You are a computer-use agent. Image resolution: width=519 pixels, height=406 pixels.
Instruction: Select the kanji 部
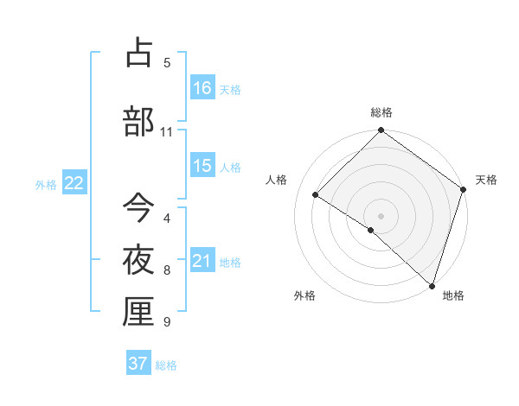[x=138, y=121]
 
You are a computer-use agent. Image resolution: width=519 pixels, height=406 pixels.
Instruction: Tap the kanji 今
[x=138, y=207]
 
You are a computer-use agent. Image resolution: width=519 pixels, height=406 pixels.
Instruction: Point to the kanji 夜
[x=138, y=259]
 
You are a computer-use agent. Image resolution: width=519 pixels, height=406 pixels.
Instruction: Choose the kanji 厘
[x=138, y=312]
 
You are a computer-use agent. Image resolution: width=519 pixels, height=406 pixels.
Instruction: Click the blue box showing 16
[x=202, y=87]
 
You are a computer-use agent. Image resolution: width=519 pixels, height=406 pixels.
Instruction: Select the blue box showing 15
[x=202, y=166]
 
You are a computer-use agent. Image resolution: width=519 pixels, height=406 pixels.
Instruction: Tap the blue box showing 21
[x=202, y=261]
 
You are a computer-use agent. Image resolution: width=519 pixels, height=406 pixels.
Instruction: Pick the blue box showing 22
[x=74, y=183]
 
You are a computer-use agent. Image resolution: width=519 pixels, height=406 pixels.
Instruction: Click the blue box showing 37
[x=138, y=364]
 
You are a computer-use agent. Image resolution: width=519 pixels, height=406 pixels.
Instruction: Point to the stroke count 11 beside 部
[x=166, y=132]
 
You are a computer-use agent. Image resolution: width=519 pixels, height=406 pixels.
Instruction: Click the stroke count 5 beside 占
[x=167, y=63]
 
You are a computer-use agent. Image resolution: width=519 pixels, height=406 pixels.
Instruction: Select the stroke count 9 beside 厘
[x=167, y=322]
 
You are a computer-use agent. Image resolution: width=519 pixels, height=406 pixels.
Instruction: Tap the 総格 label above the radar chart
[x=381, y=112]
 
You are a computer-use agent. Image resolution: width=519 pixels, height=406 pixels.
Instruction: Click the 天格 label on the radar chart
[x=486, y=180]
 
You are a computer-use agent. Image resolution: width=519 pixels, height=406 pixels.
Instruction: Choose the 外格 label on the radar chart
[x=304, y=295]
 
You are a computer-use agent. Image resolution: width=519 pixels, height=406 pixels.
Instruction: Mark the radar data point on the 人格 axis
[x=316, y=194]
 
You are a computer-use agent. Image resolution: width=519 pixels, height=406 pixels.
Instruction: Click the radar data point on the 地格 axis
[x=432, y=285]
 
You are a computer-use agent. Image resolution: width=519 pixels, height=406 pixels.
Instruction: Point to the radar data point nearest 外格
[x=371, y=230]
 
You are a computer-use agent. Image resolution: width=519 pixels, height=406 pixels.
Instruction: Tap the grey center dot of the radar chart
[x=381, y=215]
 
